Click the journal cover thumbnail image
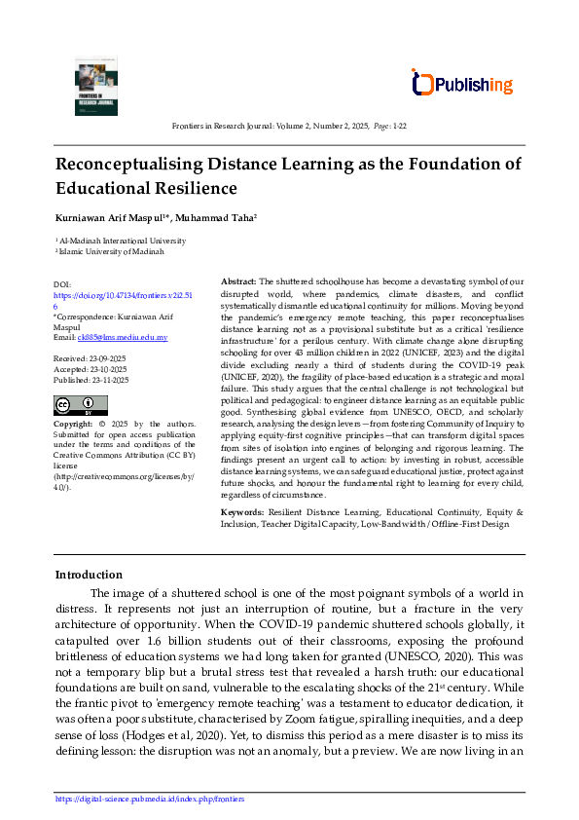pyautogui.click(x=95, y=86)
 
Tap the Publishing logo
pyautogui.click(x=461, y=85)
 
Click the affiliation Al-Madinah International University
pyautogui.click(x=122, y=240)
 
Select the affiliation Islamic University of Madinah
pyautogui.click(x=111, y=251)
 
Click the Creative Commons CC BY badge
pyautogui.click(x=82, y=404)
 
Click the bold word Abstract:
pyautogui.click(x=238, y=280)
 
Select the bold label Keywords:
pyautogui.click(x=243, y=511)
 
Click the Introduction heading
pyautogui.click(x=89, y=575)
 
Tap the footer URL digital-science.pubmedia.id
pyautogui.click(x=150, y=799)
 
